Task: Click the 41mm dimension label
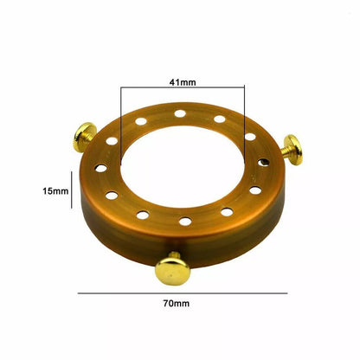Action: (183, 82)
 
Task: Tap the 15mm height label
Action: (55, 191)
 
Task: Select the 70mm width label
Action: (177, 304)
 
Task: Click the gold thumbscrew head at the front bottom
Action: (172, 271)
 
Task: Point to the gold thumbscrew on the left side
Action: (84, 137)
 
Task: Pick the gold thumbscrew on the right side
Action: (292, 150)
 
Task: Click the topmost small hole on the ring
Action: (180, 113)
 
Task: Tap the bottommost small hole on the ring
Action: (185, 222)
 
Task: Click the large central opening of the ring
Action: (183, 166)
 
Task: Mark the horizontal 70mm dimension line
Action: (183, 293)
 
